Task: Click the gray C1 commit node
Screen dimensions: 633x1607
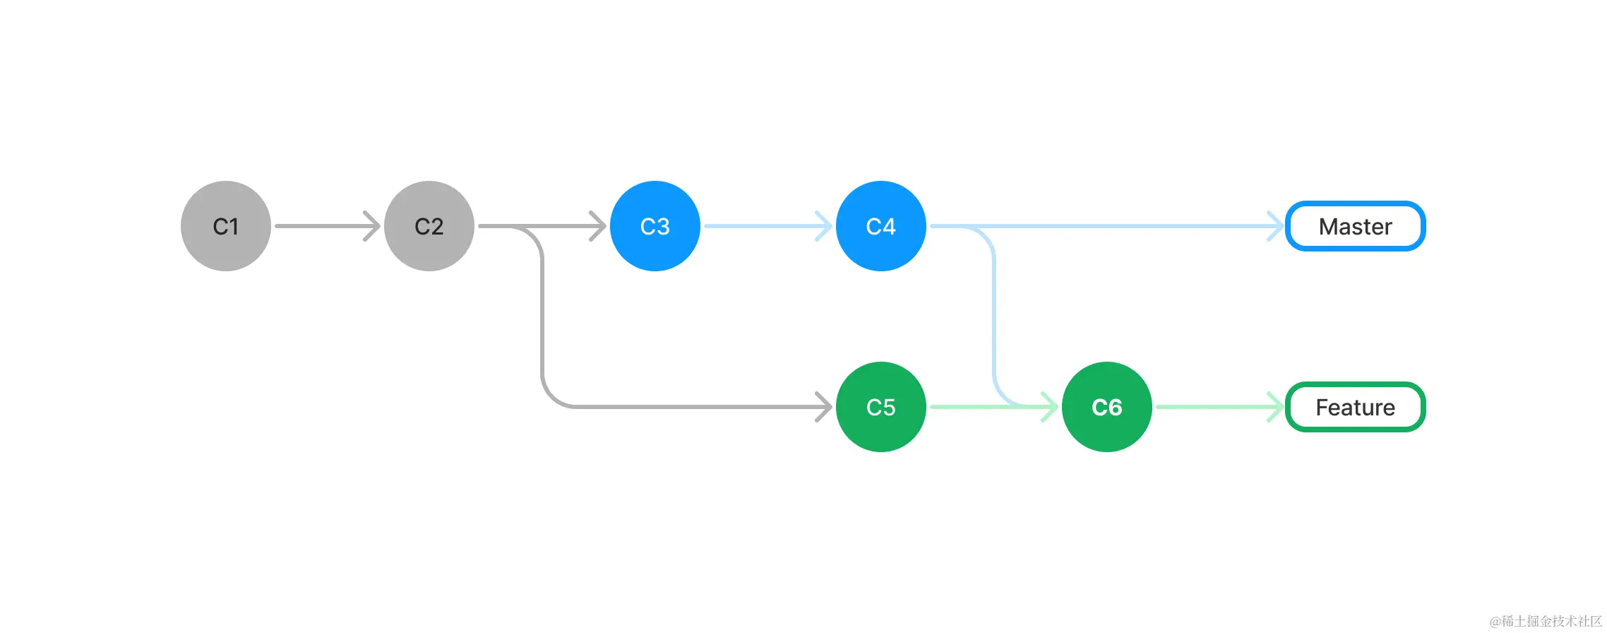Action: tap(226, 226)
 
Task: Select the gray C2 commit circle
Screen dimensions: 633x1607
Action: tap(429, 226)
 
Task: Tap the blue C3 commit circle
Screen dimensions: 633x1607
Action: tap(655, 226)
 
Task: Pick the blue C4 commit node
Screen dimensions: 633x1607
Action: tap(881, 226)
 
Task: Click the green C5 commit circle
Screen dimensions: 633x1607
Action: tap(881, 407)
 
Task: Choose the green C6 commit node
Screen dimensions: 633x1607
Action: tap(1107, 407)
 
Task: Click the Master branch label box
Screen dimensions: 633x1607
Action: tap(1355, 226)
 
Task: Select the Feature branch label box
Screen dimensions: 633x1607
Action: tap(1355, 407)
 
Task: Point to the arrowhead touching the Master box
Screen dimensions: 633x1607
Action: tap(1277, 226)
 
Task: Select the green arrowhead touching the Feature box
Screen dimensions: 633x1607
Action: tap(1277, 407)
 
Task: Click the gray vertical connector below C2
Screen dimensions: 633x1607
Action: tap(542, 318)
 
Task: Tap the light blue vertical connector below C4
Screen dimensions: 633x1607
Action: tap(994, 318)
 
